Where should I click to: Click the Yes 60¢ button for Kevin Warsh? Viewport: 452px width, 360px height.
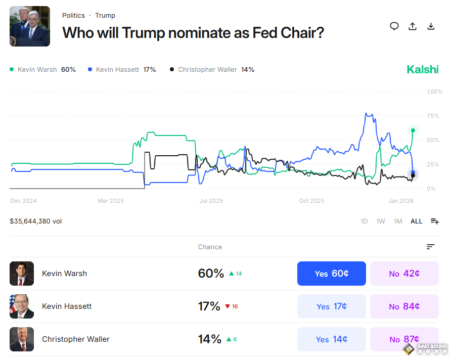[331, 274]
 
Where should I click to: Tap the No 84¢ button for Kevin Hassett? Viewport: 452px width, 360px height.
[404, 306]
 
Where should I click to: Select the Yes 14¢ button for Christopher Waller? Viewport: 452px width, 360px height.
[331, 339]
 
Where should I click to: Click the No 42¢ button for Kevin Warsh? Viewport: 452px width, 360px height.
[404, 274]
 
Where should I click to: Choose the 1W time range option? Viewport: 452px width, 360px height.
[381, 221]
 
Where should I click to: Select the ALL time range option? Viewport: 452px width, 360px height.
[416, 221]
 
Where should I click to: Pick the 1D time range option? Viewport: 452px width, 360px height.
[364, 221]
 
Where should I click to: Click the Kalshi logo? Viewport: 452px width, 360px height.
[423, 70]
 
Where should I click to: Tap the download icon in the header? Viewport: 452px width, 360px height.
[431, 26]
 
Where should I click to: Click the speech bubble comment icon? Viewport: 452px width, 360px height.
[394, 26]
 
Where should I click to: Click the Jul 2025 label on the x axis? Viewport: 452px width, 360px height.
[211, 201]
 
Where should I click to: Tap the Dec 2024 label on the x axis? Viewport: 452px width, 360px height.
[23, 201]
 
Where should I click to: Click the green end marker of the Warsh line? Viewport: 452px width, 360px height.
[413, 130]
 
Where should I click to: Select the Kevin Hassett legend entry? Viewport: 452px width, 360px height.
[121, 70]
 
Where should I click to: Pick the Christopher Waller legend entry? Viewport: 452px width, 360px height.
[212, 70]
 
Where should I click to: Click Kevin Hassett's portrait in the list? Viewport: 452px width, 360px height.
[22, 306]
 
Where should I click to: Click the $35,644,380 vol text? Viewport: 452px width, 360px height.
[35, 221]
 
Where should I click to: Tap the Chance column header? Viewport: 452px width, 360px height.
[210, 247]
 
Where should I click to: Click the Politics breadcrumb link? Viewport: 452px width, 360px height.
[73, 16]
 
